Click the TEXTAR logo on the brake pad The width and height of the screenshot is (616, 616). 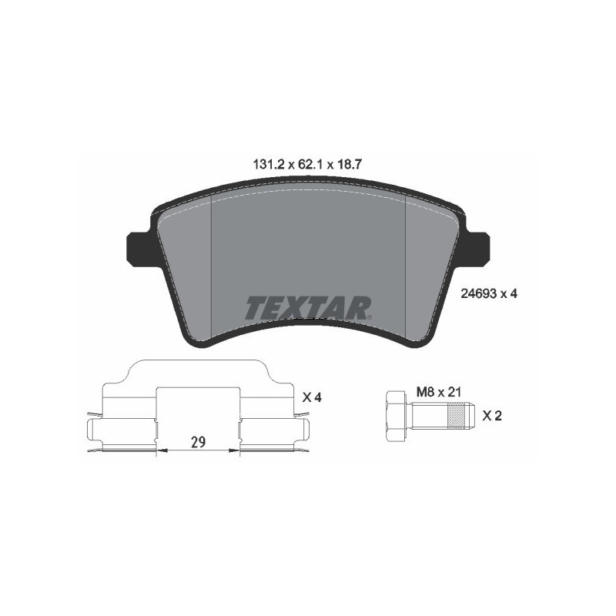tap(308, 308)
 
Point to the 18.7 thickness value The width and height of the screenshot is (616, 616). tap(350, 164)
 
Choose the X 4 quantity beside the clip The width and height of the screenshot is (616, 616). tap(311, 397)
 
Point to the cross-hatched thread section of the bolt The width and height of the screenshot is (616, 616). tap(458, 416)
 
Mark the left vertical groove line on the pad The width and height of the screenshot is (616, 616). tap(211, 269)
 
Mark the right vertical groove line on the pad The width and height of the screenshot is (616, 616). tap(405, 269)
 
